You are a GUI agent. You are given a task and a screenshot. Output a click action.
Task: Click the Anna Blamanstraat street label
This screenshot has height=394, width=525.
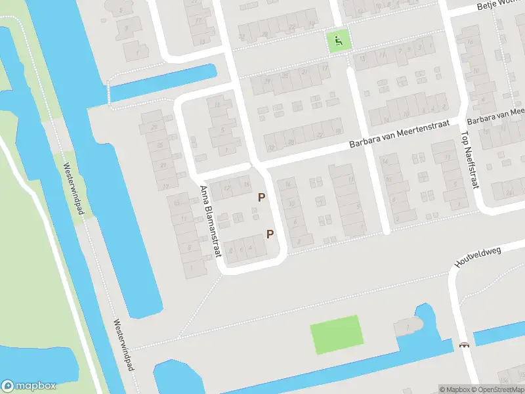pos(209,220)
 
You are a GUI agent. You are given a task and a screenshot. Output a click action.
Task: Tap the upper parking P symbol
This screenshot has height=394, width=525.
pos(262,197)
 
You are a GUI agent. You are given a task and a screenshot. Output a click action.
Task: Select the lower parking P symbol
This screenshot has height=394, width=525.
pos(270,234)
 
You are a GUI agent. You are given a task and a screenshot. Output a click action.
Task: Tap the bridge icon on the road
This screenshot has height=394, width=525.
pos(465,345)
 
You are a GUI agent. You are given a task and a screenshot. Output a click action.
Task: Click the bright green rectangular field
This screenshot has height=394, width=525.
pos(337,334)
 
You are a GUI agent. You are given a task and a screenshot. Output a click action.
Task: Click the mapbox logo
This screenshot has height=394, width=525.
pos(30,386)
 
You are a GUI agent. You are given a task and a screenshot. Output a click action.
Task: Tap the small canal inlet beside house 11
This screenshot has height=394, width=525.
pos(164,83)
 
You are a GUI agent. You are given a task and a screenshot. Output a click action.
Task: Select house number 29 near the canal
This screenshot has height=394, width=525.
pos(155,127)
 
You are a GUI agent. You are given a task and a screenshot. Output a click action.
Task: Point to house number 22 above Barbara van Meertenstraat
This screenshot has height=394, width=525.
pos(320,135)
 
